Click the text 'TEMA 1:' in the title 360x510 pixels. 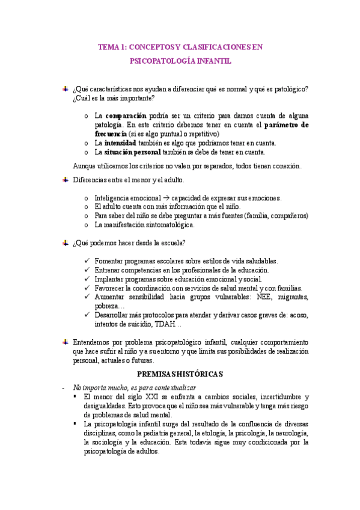[112, 46]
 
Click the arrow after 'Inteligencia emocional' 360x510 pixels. [165, 198]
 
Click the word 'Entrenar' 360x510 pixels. [108, 270]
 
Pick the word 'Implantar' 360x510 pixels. [109, 279]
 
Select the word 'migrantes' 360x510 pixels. [290, 297]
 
